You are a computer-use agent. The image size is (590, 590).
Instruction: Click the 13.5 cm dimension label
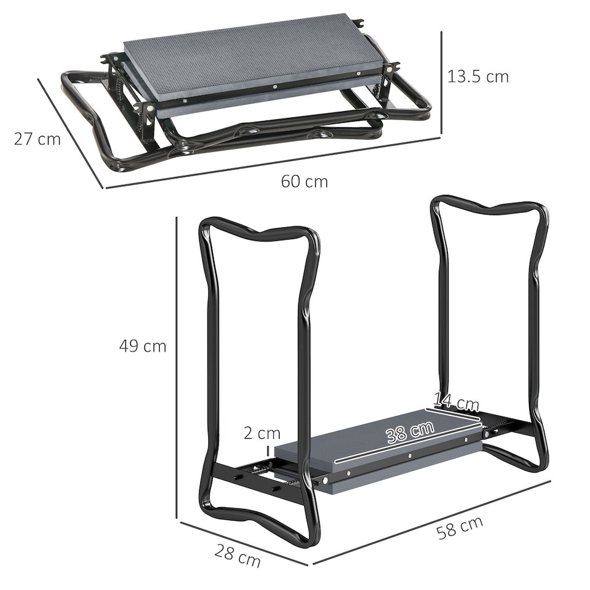pos(478,77)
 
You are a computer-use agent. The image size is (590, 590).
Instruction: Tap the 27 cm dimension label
pos(37,139)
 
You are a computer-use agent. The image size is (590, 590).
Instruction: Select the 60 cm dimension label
pos(304,181)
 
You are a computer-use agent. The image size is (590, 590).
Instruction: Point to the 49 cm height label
pos(143,346)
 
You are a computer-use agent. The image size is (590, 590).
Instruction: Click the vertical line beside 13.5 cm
pos(441,83)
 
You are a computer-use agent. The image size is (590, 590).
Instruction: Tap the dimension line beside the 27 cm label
pos(71,132)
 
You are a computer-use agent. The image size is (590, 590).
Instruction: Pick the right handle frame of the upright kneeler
pos(535,307)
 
